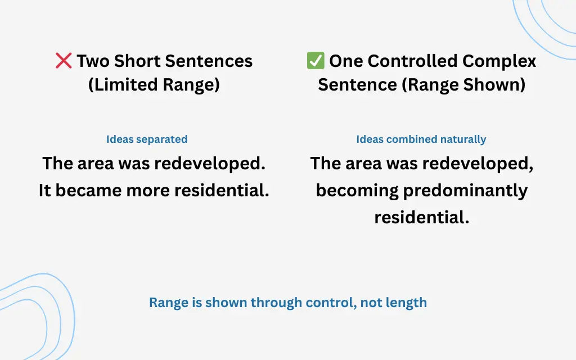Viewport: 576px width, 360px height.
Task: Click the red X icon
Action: pyautogui.click(x=64, y=61)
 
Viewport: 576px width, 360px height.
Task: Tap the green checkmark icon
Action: pyautogui.click(x=316, y=61)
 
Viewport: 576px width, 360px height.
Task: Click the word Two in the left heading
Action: pyautogui.click(x=93, y=61)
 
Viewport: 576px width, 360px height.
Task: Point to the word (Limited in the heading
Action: pyautogui.click(x=123, y=84)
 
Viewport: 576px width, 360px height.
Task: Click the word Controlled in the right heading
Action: pyautogui.click(x=412, y=61)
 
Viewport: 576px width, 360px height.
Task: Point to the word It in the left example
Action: pyautogui.click(x=45, y=190)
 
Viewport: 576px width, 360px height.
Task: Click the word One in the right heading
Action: pyautogui.click(x=346, y=61)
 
